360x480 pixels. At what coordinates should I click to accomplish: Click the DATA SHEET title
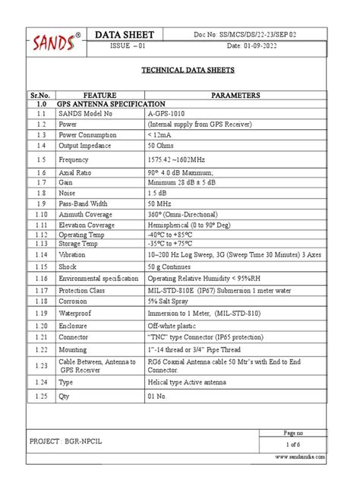point(125,35)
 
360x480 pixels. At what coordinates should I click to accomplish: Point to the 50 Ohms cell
point(162,144)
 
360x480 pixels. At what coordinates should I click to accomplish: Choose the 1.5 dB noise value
point(157,194)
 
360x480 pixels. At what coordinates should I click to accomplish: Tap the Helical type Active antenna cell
point(189,381)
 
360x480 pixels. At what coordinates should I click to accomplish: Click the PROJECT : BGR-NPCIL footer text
point(71,441)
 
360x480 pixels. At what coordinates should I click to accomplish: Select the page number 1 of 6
point(293,444)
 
